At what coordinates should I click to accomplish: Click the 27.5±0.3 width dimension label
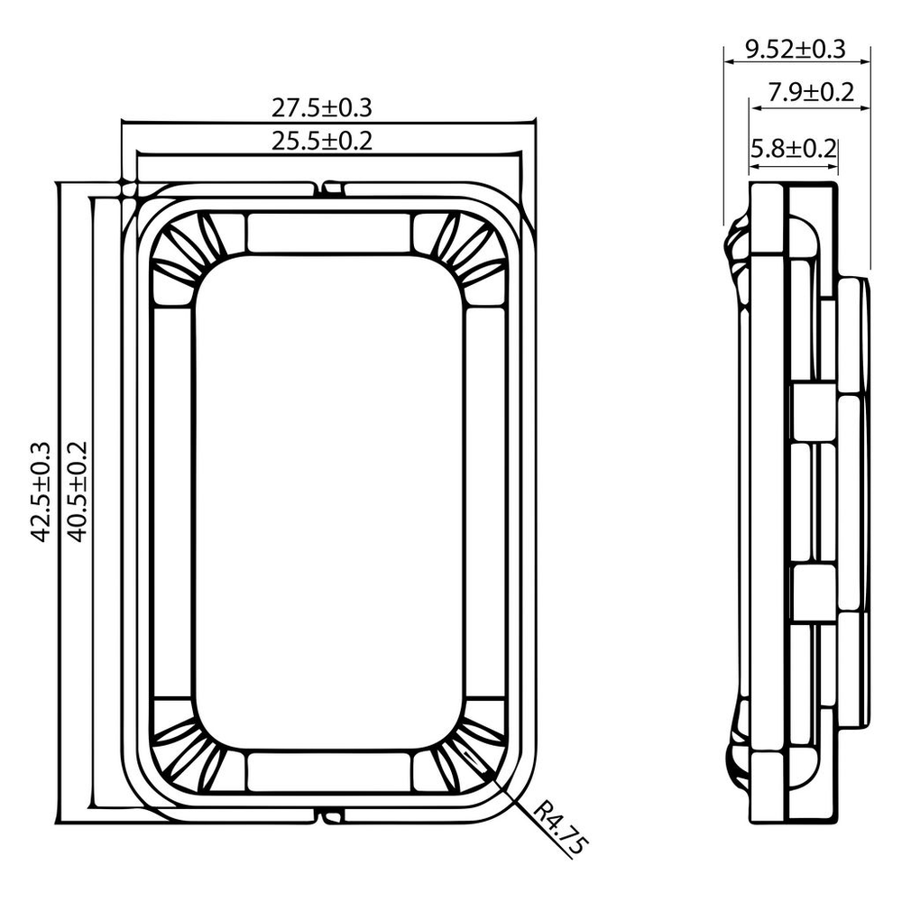point(322,107)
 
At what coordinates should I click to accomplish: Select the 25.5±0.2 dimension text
point(322,141)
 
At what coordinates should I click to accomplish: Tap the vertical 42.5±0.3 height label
point(41,492)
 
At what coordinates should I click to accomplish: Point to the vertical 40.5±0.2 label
point(77,492)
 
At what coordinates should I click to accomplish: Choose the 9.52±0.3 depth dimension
point(796,49)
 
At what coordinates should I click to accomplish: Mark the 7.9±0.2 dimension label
point(811,92)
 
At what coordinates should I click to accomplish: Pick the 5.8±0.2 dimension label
point(794,149)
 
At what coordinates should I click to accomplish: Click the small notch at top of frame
point(331,189)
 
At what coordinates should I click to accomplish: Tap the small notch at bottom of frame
point(331,815)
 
